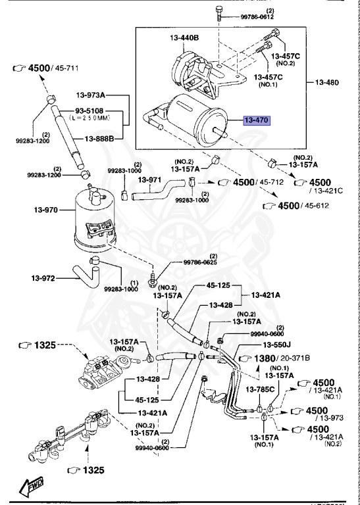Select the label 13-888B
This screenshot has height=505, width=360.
point(99,139)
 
